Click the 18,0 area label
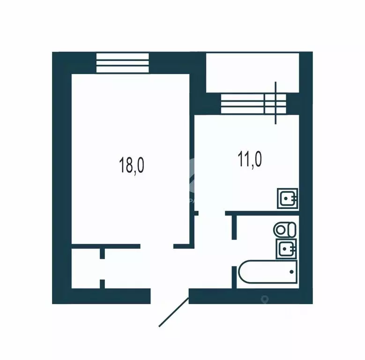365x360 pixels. [x=132, y=166]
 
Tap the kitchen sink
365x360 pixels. [x=287, y=198]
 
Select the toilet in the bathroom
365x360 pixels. [x=285, y=230]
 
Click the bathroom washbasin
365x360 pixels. [x=286, y=249]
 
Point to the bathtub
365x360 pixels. [x=267, y=274]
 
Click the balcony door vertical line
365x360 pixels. [x=276, y=103]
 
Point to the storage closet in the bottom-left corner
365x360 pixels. [x=86, y=269]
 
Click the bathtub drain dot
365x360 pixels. [x=291, y=271]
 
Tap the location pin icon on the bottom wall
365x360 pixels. [x=264, y=298]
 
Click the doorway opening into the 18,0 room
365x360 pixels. [x=157, y=246]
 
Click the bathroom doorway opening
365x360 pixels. [x=233, y=253]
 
